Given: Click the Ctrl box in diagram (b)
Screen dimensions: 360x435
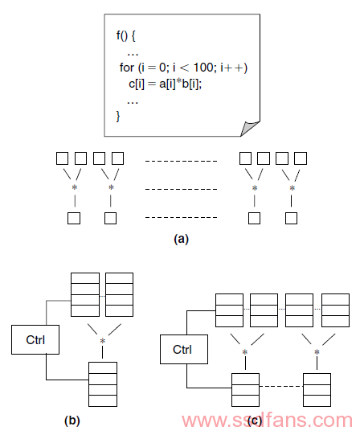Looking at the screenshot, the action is [35, 339].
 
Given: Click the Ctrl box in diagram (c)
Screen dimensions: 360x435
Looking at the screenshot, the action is [184, 349].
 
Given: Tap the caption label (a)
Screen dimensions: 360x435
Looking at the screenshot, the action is [181, 239].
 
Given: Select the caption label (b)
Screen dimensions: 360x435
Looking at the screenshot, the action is [72, 421].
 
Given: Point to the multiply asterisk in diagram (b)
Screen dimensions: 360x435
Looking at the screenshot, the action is [103, 341].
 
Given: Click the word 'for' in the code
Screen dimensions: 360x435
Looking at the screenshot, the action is [127, 68].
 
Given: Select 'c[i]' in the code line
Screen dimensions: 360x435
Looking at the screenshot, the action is [137, 84].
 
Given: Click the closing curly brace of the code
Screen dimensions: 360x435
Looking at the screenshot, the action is [118, 116].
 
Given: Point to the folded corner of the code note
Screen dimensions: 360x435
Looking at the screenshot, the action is [249, 128].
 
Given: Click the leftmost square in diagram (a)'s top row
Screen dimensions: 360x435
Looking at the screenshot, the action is [62, 158].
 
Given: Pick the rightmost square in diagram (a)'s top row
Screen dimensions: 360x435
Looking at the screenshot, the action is [301, 158].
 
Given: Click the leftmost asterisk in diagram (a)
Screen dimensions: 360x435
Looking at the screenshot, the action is [74, 187].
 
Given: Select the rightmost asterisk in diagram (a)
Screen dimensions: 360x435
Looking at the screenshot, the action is [292, 188].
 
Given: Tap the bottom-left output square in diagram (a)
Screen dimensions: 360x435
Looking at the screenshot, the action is [74, 218].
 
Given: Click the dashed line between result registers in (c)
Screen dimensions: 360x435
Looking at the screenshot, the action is [281, 386].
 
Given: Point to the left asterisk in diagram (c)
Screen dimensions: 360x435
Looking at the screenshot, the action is [244, 352].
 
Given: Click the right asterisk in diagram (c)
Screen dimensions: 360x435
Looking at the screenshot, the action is [317, 352].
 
